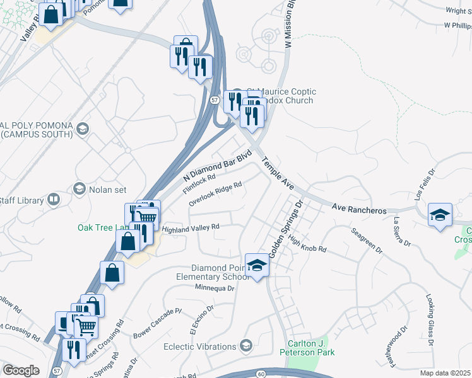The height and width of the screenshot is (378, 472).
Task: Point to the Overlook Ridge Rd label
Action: [215, 194]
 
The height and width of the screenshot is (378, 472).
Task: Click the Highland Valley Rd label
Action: [190, 227]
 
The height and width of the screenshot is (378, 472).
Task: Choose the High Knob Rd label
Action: [307, 244]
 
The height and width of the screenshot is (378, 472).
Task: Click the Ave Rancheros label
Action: [359, 209]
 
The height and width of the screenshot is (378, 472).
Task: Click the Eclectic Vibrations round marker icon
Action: [245, 346]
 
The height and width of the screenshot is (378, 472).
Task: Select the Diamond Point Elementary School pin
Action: [257, 266]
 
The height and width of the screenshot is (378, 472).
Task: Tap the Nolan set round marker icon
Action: [80, 188]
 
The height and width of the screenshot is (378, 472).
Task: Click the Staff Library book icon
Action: [54, 200]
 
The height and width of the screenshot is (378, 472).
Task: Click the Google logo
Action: [21, 370]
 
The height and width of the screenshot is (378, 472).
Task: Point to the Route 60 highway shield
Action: [261, 374]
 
